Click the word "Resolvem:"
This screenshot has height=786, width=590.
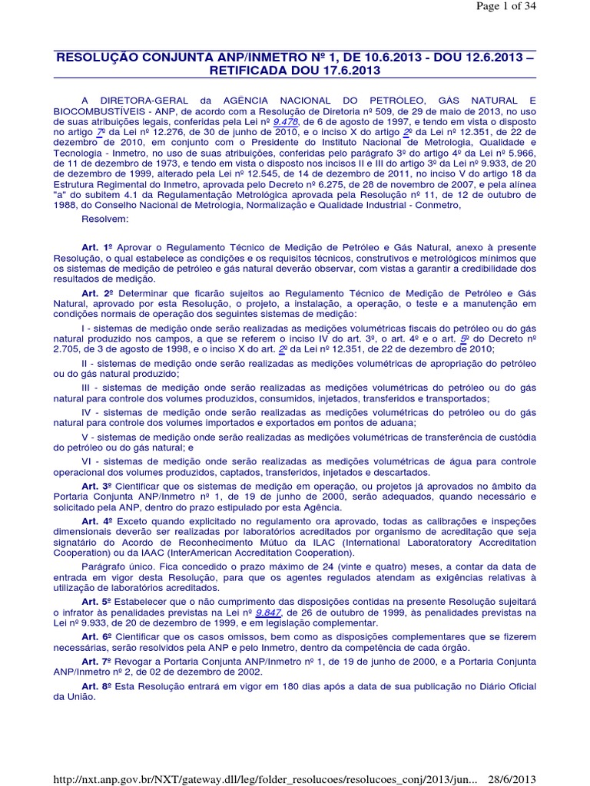pyautogui.click(x=105, y=218)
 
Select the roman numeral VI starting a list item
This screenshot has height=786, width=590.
pyautogui.click(x=86, y=461)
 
